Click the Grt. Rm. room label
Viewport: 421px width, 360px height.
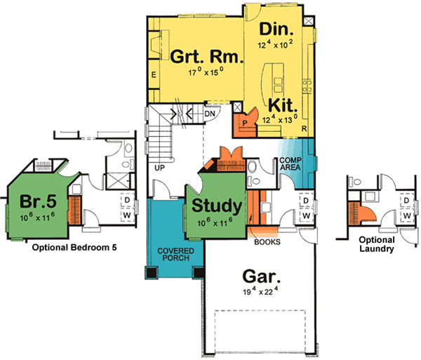click(x=206, y=57)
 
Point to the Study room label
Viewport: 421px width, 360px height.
click(x=217, y=206)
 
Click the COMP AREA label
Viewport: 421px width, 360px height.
click(x=290, y=164)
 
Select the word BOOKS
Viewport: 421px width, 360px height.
click(x=269, y=243)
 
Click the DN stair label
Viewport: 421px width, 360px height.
click(x=210, y=114)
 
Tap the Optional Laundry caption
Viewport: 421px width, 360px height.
click(x=376, y=244)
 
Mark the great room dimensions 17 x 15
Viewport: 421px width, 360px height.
click(x=206, y=72)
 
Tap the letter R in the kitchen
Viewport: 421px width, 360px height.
click(x=303, y=130)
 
